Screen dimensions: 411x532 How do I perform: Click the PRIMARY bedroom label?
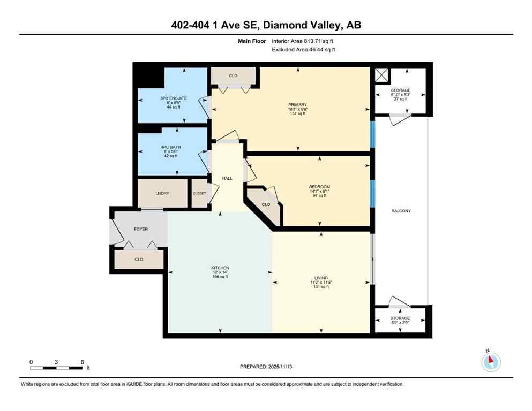click(297, 104)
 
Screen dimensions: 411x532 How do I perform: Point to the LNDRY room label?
click(162, 193)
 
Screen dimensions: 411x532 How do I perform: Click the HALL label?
click(228, 178)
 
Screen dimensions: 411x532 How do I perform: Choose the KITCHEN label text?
click(220, 268)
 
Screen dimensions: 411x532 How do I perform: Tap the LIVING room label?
click(320, 277)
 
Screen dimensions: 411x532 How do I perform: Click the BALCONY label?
click(401, 211)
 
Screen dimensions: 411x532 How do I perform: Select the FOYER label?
click(140, 229)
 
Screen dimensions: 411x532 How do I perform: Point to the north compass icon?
click(491, 362)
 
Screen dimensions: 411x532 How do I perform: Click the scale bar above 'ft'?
click(56, 368)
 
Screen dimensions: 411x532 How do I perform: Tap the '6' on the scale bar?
click(82, 362)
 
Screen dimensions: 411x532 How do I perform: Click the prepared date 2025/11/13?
click(266, 367)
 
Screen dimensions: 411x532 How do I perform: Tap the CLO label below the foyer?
click(139, 259)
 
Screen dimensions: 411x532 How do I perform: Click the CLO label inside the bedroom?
click(266, 204)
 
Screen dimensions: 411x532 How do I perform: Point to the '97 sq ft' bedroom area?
click(319, 195)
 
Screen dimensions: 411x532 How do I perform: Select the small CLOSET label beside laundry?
click(199, 193)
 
